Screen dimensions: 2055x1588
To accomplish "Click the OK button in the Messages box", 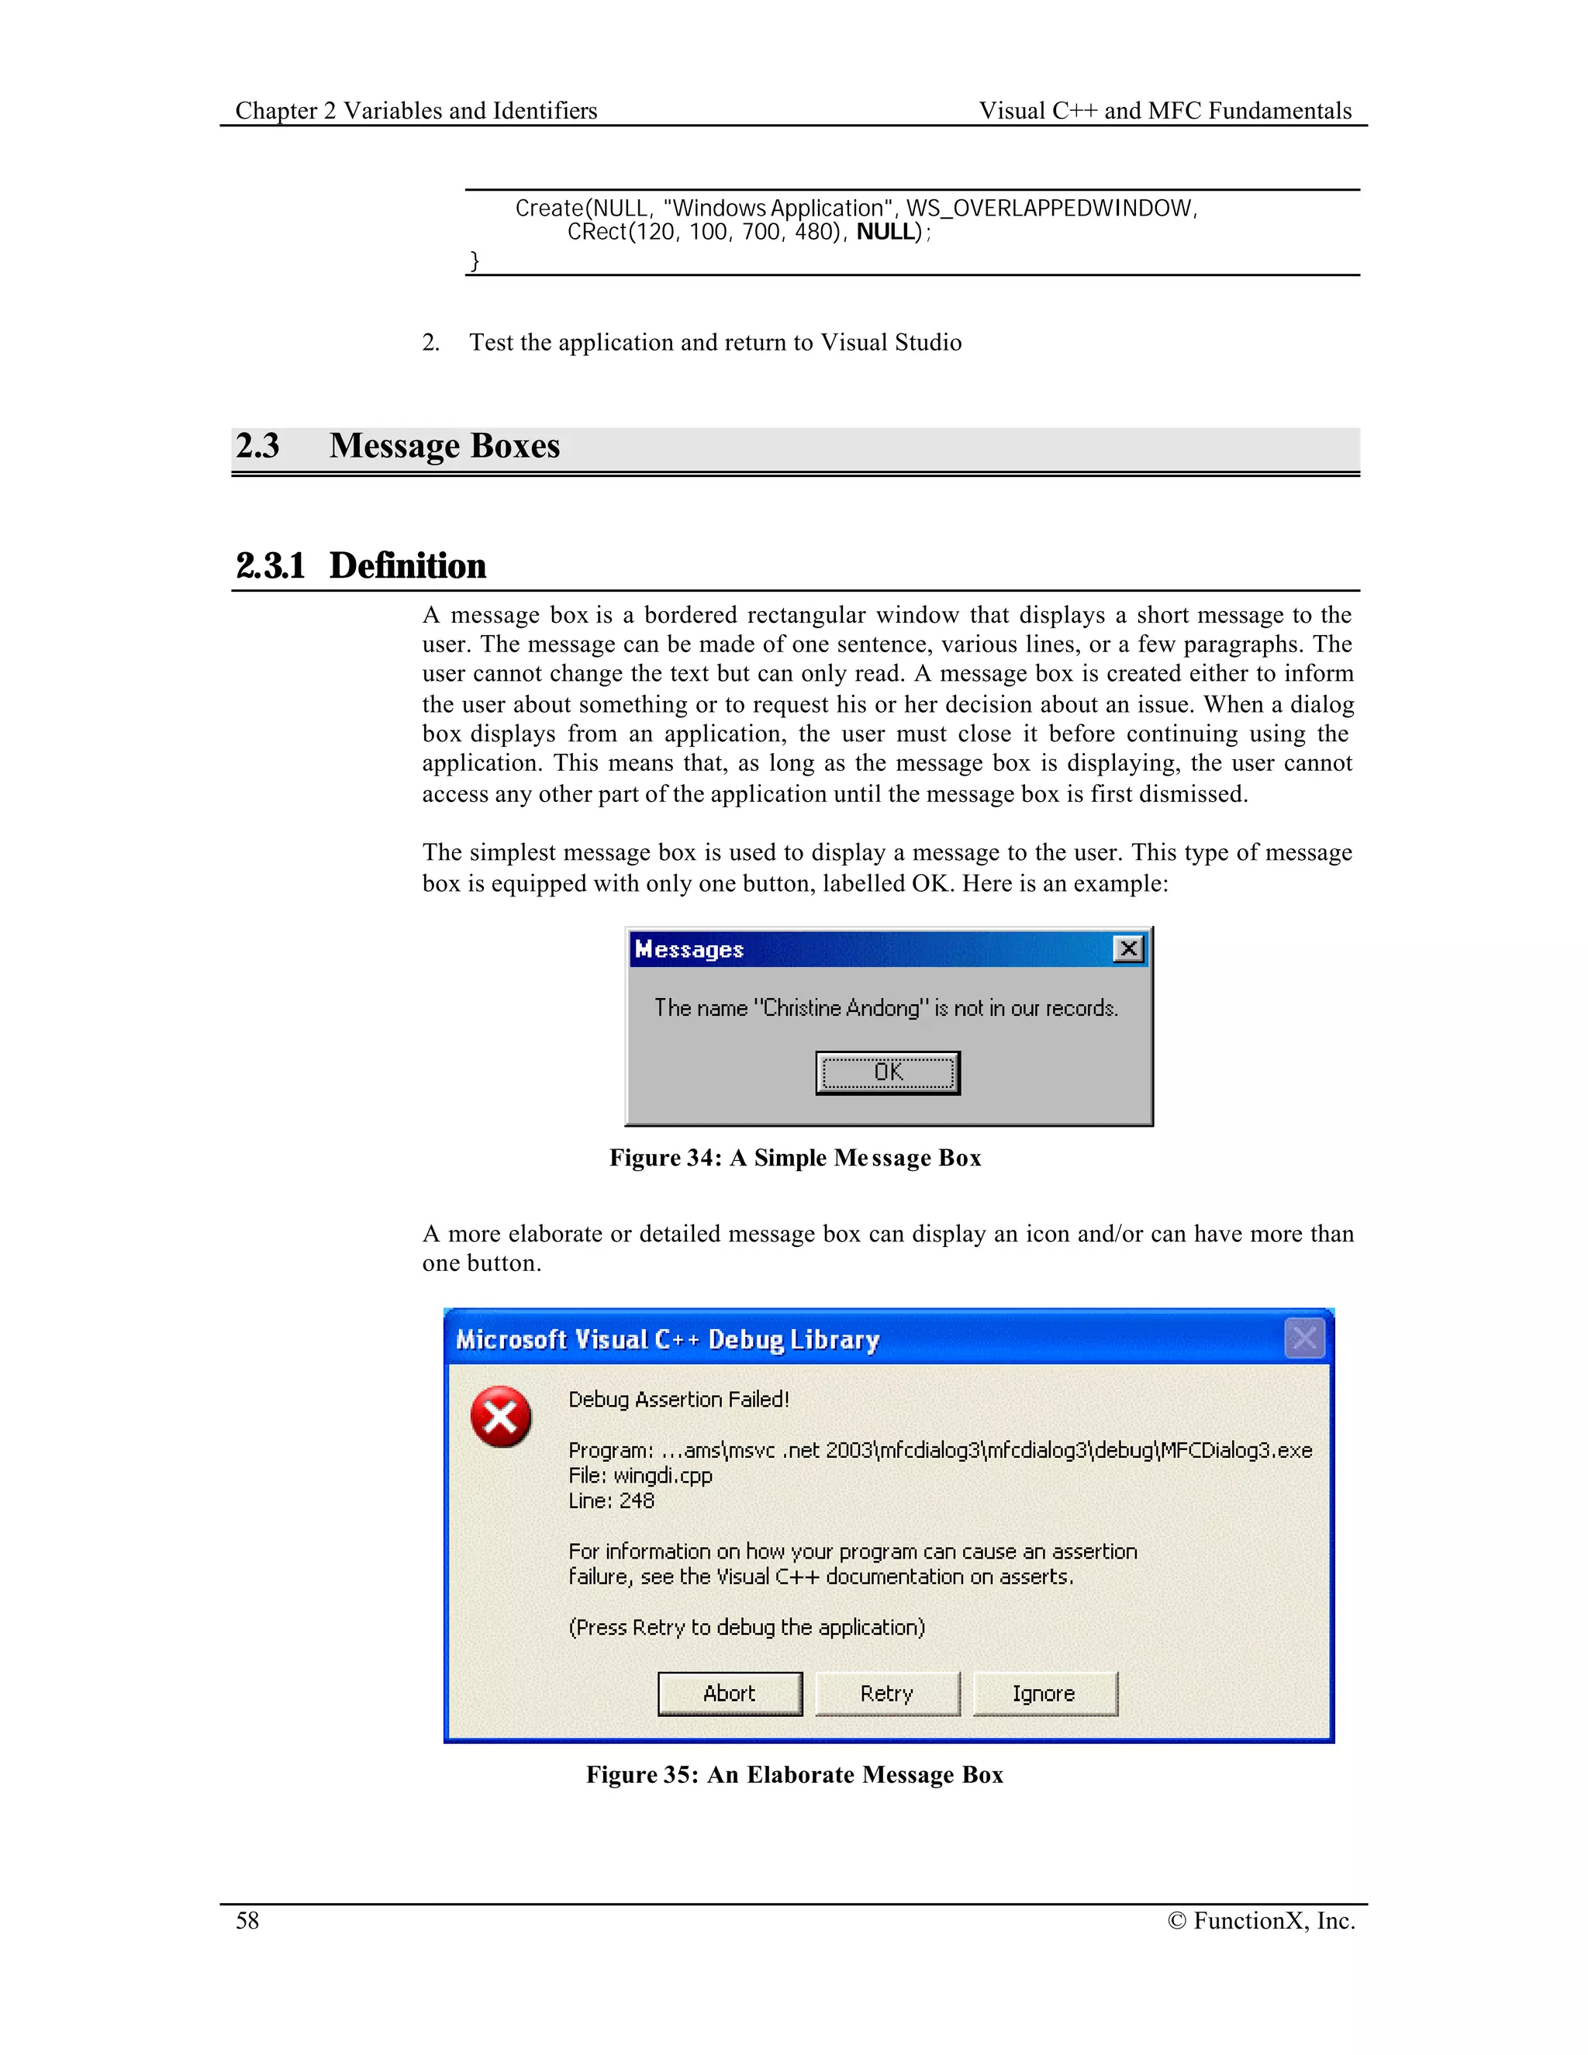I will coord(887,1072).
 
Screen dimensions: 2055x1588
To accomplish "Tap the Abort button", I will coord(729,1694).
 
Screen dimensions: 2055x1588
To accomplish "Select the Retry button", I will coord(887,1694).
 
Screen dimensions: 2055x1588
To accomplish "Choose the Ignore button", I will coord(1044,1694).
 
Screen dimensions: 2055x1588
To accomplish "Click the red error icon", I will coord(500,1417).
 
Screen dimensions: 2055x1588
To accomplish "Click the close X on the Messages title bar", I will coord(1128,948).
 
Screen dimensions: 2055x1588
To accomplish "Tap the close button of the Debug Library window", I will coord(1304,1338).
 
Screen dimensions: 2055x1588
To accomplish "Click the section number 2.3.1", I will coord(271,566).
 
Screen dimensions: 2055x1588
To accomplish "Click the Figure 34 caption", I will coord(795,1159).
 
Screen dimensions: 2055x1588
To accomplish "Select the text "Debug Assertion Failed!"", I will coord(678,1399).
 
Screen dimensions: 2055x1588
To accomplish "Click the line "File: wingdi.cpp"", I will coord(640,1476).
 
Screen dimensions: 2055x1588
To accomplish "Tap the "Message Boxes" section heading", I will coord(444,446).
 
